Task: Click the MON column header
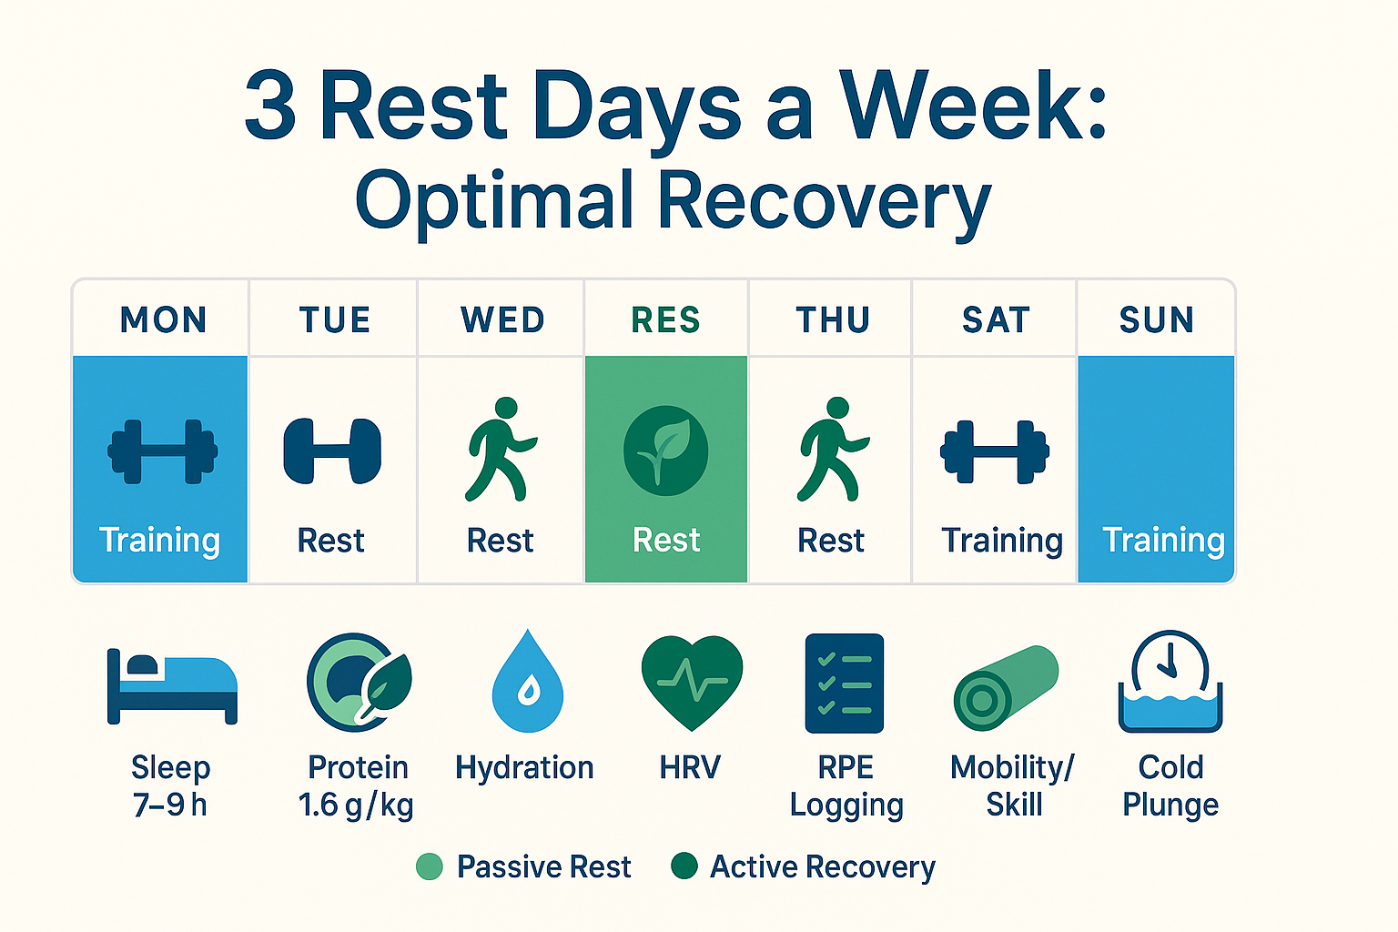coord(163,319)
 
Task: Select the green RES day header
coord(665,319)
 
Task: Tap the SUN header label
coord(1157,319)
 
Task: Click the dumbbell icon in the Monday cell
coord(163,451)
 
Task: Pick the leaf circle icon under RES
coord(666,451)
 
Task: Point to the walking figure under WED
coord(501,449)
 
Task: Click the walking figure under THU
coord(833,449)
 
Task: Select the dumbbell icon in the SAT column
coord(995,452)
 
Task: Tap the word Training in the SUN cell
coord(1164,541)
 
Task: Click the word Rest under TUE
coord(330,540)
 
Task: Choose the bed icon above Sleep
coord(172,686)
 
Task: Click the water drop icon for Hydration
coord(528,681)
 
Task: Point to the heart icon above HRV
coord(692,683)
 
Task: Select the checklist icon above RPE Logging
coord(845,683)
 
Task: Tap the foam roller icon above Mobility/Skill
coord(1006,688)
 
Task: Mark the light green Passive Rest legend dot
coord(430,866)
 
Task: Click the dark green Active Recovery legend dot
coord(684,866)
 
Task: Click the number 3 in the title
coord(269,105)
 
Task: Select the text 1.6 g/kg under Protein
coord(356,805)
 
